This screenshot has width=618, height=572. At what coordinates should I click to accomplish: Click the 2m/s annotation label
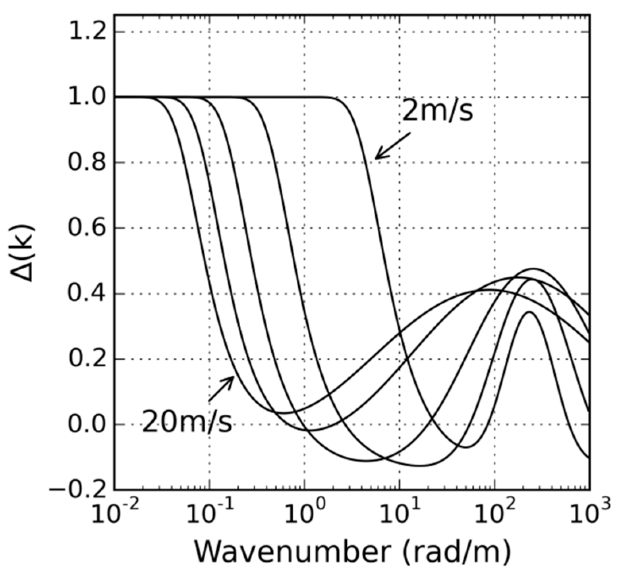[x=438, y=111]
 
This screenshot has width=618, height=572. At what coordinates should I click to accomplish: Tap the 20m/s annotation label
[x=187, y=422]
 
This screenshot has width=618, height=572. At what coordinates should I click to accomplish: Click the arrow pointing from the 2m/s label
[x=393, y=146]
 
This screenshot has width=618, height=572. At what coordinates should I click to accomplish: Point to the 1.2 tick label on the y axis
[x=88, y=32]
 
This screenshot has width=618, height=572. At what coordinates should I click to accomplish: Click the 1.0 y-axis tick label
[x=88, y=97]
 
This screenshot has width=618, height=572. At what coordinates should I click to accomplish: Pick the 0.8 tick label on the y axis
[x=88, y=163]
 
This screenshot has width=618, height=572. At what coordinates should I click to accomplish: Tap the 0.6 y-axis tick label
[x=88, y=228]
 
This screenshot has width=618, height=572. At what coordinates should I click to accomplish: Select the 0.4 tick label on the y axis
[x=88, y=294]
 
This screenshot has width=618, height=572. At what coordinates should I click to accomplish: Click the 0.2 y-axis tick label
[x=88, y=359]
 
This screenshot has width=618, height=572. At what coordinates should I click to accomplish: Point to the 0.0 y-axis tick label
[x=88, y=424]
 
